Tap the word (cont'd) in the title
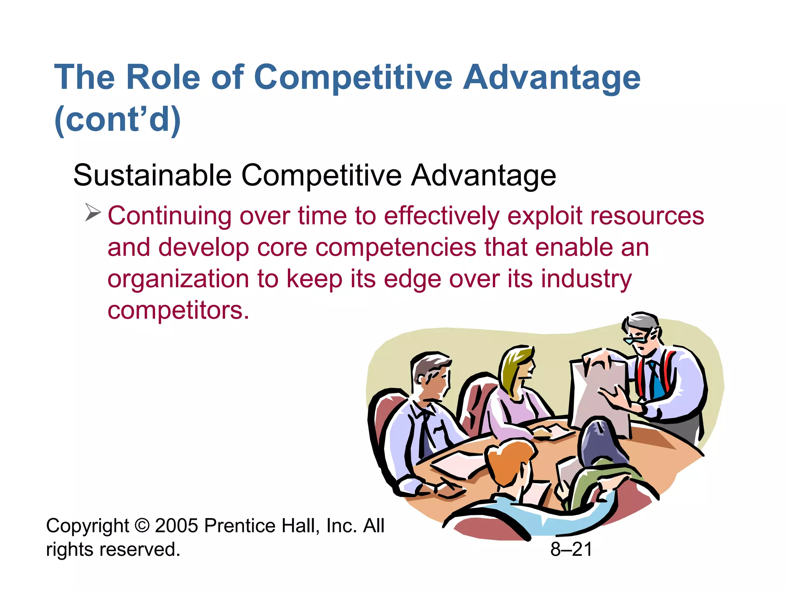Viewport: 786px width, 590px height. coord(117,119)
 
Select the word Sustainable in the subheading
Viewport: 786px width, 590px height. coord(152,176)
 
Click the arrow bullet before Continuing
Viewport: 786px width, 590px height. coord(92,212)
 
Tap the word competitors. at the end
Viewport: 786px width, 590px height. coord(178,310)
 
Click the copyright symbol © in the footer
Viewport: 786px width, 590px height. coord(142,525)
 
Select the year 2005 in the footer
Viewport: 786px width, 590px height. coord(177,525)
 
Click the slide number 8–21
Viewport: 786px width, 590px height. coord(571,549)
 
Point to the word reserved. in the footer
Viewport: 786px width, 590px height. coord(140,549)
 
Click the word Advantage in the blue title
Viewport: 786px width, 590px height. coord(552,77)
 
